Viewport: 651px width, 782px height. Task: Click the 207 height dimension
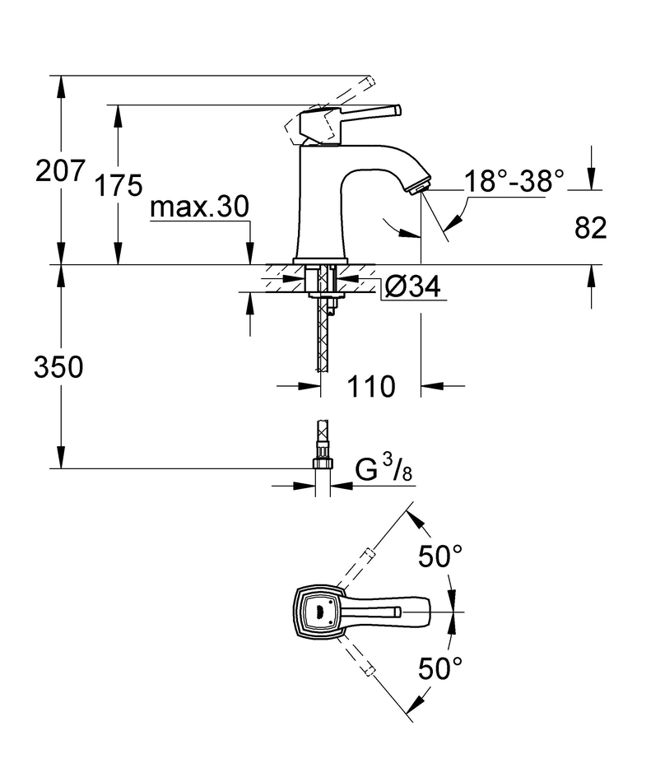pyautogui.click(x=60, y=170)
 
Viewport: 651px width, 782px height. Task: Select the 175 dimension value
pyautogui.click(x=119, y=185)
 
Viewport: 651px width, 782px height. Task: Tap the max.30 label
pyautogui.click(x=199, y=207)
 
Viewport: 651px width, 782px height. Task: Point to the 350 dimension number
pyautogui.click(x=58, y=368)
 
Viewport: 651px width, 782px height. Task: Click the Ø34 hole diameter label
pyautogui.click(x=413, y=286)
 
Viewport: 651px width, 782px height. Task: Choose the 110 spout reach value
pyautogui.click(x=371, y=387)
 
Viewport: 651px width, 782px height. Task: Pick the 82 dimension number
pyautogui.click(x=591, y=227)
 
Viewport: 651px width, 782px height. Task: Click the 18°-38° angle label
pyautogui.click(x=514, y=180)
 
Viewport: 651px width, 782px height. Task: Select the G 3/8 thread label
pyautogui.click(x=384, y=470)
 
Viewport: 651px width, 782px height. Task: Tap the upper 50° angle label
pyautogui.click(x=440, y=556)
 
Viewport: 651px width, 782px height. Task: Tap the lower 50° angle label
pyautogui.click(x=440, y=668)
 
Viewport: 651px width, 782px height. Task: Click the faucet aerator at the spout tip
pyautogui.click(x=420, y=188)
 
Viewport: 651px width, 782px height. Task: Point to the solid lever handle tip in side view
pyautogui.click(x=398, y=109)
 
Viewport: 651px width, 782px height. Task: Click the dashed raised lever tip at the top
pyautogui.click(x=370, y=81)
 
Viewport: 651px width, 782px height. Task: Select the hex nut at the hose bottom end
pyautogui.click(x=323, y=463)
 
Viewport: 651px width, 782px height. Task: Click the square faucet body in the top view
pyautogui.click(x=319, y=612)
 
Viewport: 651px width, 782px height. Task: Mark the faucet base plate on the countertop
pyautogui.click(x=320, y=261)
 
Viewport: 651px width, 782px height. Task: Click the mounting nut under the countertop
pyautogui.click(x=324, y=296)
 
